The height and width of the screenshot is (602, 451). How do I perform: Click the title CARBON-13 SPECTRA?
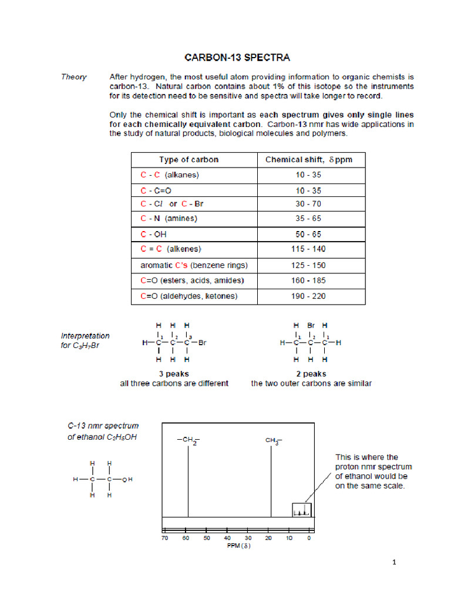click(x=237, y=58)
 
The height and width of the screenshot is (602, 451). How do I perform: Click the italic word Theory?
click(x=74, y=77)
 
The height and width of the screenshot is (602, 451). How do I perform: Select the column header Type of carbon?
click(x=189, y=160)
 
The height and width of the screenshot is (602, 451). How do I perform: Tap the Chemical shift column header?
click(x=309, y=160)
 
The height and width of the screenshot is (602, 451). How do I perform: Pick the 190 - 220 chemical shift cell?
click(x=309, y=296)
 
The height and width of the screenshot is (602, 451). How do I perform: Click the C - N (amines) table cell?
click(x=169, y=219)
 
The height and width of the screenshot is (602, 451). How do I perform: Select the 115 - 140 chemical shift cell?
click(x=309, y=249)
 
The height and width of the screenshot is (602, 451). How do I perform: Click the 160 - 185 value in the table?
click(x=309, y=280)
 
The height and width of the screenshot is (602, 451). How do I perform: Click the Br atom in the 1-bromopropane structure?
click(x=202, y=342)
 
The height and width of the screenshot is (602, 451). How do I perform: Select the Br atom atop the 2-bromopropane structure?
click(x=311, y=325)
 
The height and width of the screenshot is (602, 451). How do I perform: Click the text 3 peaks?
click(x=174, y=373)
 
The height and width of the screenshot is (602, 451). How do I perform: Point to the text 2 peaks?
click(x=311, y=373)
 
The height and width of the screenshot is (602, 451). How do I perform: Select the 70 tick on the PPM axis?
click(x=165, y=538)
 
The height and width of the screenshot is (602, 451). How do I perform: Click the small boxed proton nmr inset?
click(x=301, y=510)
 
